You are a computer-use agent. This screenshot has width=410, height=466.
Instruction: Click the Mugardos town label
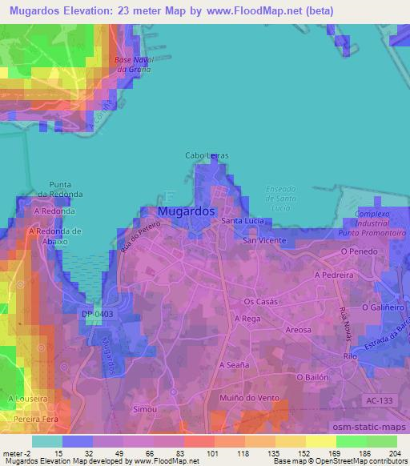pos(187,211)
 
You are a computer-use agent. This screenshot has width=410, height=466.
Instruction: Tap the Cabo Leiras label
pos(207,155)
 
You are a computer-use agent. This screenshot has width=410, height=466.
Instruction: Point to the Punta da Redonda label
pos(65,189)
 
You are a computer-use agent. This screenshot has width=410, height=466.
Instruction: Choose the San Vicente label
pos(264,240)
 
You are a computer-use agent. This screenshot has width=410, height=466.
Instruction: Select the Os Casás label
pos(259,302)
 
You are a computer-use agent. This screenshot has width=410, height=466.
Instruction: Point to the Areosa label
pos(298,330)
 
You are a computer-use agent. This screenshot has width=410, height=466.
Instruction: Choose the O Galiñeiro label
pos(381,307)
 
